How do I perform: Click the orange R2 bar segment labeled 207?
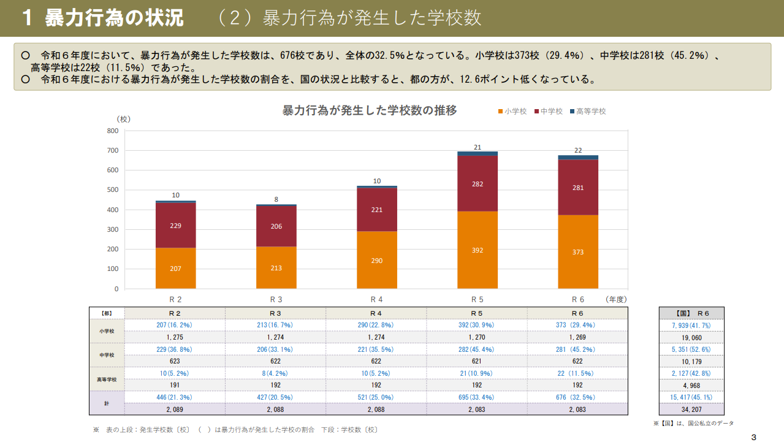(175, 268)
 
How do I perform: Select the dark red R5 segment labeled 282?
(477, 183)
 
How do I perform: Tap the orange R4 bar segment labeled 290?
(376, 260)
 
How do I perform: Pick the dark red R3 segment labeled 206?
(276, 226)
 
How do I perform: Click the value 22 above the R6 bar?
(577, 150)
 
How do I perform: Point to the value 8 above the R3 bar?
(276, 199)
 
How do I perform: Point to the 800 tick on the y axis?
(112, 131)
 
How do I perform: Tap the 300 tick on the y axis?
(112, 229)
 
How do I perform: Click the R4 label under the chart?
(376, 300)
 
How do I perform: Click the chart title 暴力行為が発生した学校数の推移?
(369, 110)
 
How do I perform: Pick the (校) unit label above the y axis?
(124, 119)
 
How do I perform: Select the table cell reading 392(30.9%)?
(477, 325)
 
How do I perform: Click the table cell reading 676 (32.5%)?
(577, 397)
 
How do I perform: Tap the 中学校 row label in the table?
(107, 355)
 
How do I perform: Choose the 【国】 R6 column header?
(691, 313)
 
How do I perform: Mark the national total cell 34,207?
(691, 409)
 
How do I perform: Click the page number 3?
(753, 437)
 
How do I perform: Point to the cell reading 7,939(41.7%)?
(691, 325)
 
